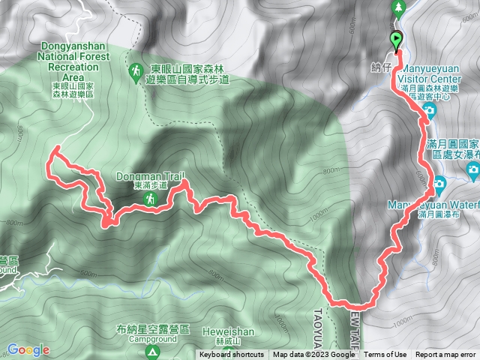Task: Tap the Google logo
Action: point(28,349)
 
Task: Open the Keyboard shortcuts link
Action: point(231,355)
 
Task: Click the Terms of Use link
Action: point(385,355)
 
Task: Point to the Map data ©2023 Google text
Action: point(313,355)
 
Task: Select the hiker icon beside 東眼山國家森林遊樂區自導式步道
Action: point(136,72)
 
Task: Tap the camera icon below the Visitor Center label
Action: point(428,114)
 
